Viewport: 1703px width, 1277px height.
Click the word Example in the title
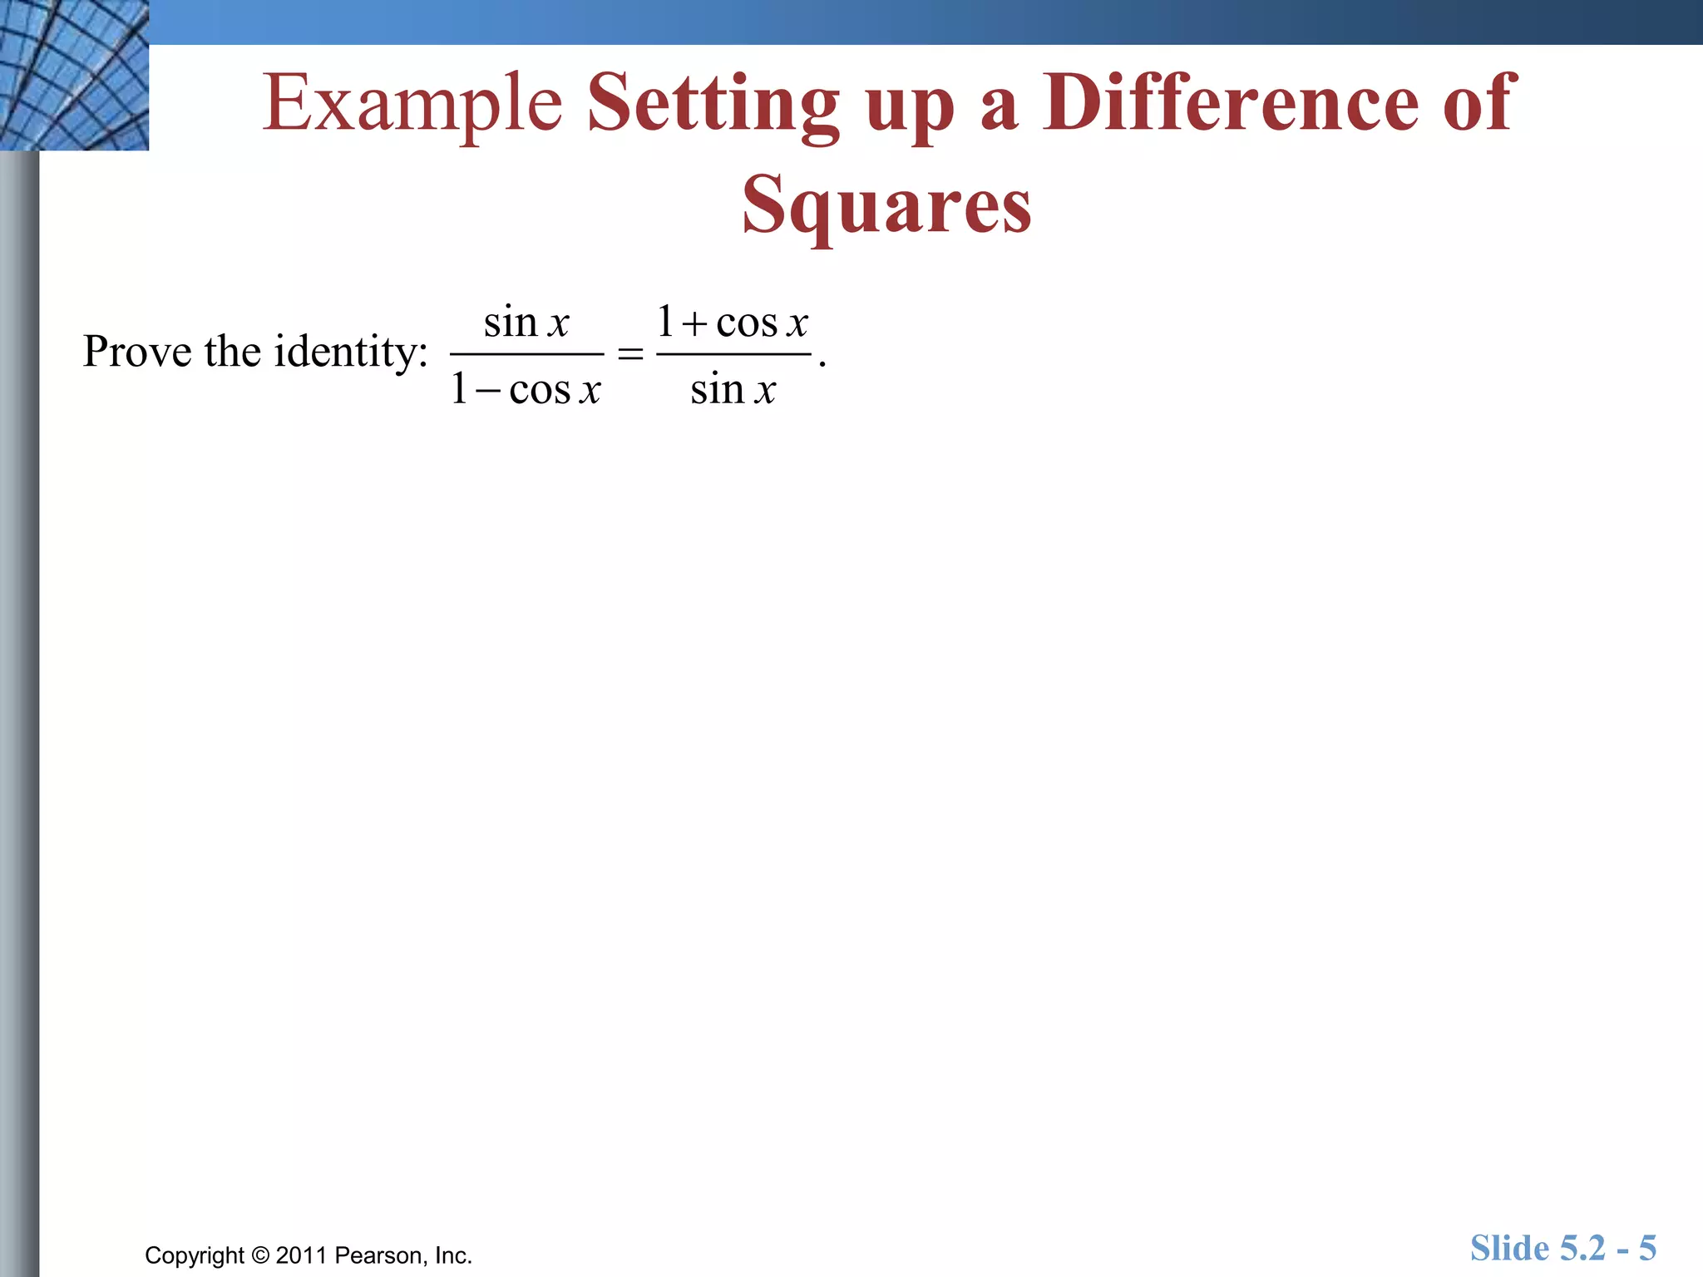click(x=412, y=103)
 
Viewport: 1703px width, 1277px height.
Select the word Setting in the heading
click(x=713, y=105)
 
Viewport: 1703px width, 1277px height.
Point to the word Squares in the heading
click(x=886, y=205)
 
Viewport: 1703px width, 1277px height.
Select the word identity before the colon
click(x=347, y=353)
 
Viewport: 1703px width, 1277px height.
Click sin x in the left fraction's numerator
click(x=526, y=322)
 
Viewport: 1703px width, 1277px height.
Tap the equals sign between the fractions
click(x=630, y=354)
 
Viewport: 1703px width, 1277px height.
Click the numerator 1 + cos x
click(x=733, y=322)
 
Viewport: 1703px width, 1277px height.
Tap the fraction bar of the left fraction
click(x=526, y=355)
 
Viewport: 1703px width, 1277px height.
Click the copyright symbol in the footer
click(x=260, y=1255)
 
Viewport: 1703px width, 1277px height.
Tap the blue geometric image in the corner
click(x=74, y=75)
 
